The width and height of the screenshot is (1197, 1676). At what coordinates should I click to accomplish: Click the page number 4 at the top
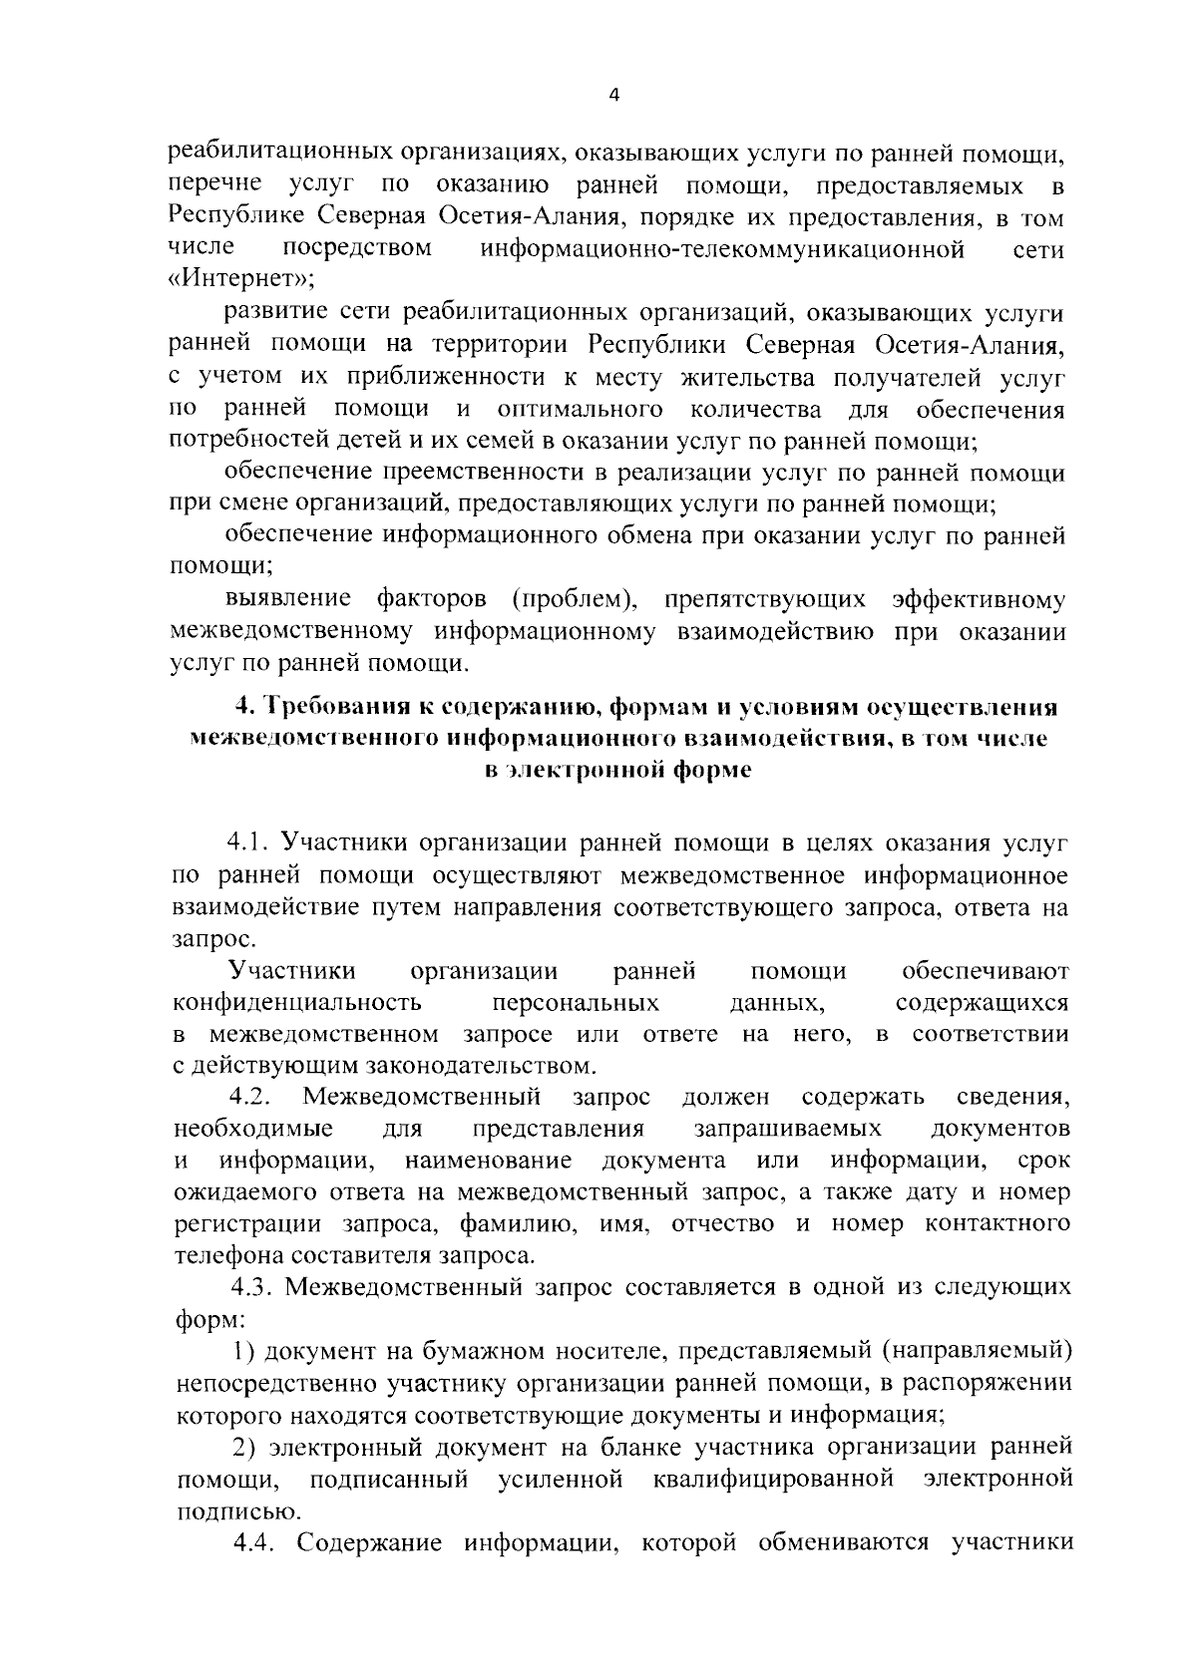613,95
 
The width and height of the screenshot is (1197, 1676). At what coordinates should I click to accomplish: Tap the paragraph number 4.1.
248,843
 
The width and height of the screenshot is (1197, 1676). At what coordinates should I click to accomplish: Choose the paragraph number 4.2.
251,1097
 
